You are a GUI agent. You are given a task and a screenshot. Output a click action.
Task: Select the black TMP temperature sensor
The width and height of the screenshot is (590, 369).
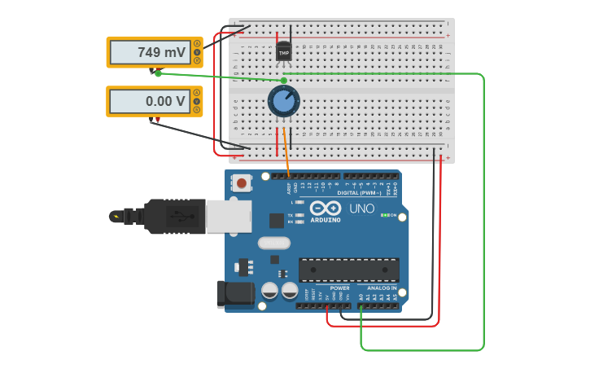283,52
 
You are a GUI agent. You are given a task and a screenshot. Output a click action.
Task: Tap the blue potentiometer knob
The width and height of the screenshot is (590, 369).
283,102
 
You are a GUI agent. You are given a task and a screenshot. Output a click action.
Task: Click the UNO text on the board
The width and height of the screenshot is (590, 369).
361,209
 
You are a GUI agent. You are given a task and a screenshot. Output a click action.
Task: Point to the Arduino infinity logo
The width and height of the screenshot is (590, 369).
325,208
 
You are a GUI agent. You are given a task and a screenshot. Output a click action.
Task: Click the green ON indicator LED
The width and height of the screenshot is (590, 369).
384,215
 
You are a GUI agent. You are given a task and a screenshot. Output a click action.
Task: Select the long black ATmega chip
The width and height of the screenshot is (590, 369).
348,270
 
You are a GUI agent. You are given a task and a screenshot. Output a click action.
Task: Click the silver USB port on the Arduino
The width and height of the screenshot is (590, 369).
228,217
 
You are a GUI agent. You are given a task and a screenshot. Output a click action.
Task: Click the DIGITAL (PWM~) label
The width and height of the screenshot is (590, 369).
359,193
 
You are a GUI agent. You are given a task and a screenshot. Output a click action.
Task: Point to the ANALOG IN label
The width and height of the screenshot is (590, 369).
382,288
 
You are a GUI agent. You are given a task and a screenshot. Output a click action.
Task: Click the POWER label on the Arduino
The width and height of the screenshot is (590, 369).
339,288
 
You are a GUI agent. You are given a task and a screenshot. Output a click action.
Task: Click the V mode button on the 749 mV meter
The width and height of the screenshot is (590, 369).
197,51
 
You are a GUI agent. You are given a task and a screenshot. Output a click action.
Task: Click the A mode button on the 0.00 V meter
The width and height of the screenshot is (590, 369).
197,93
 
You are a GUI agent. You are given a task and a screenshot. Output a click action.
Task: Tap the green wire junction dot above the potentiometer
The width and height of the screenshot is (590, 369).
283,81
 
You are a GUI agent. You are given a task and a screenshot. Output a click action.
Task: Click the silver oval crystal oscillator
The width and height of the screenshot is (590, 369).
273,243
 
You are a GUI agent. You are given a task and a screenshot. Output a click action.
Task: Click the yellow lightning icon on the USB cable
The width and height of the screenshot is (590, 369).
116,216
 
